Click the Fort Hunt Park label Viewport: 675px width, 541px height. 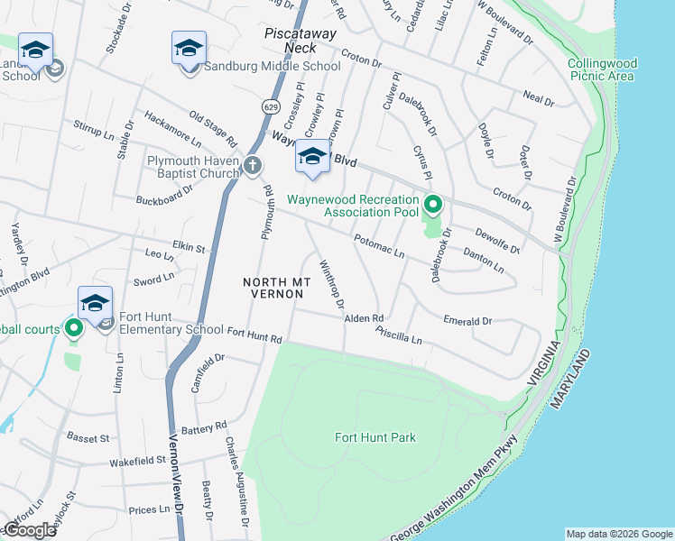point(375,437)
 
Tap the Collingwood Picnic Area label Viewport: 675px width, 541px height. point(603,69)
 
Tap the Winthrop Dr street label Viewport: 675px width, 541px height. point(332,284)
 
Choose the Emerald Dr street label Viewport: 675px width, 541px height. point(467,320)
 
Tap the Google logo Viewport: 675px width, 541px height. point(29,530)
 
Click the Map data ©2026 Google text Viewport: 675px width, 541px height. point(618,534)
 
